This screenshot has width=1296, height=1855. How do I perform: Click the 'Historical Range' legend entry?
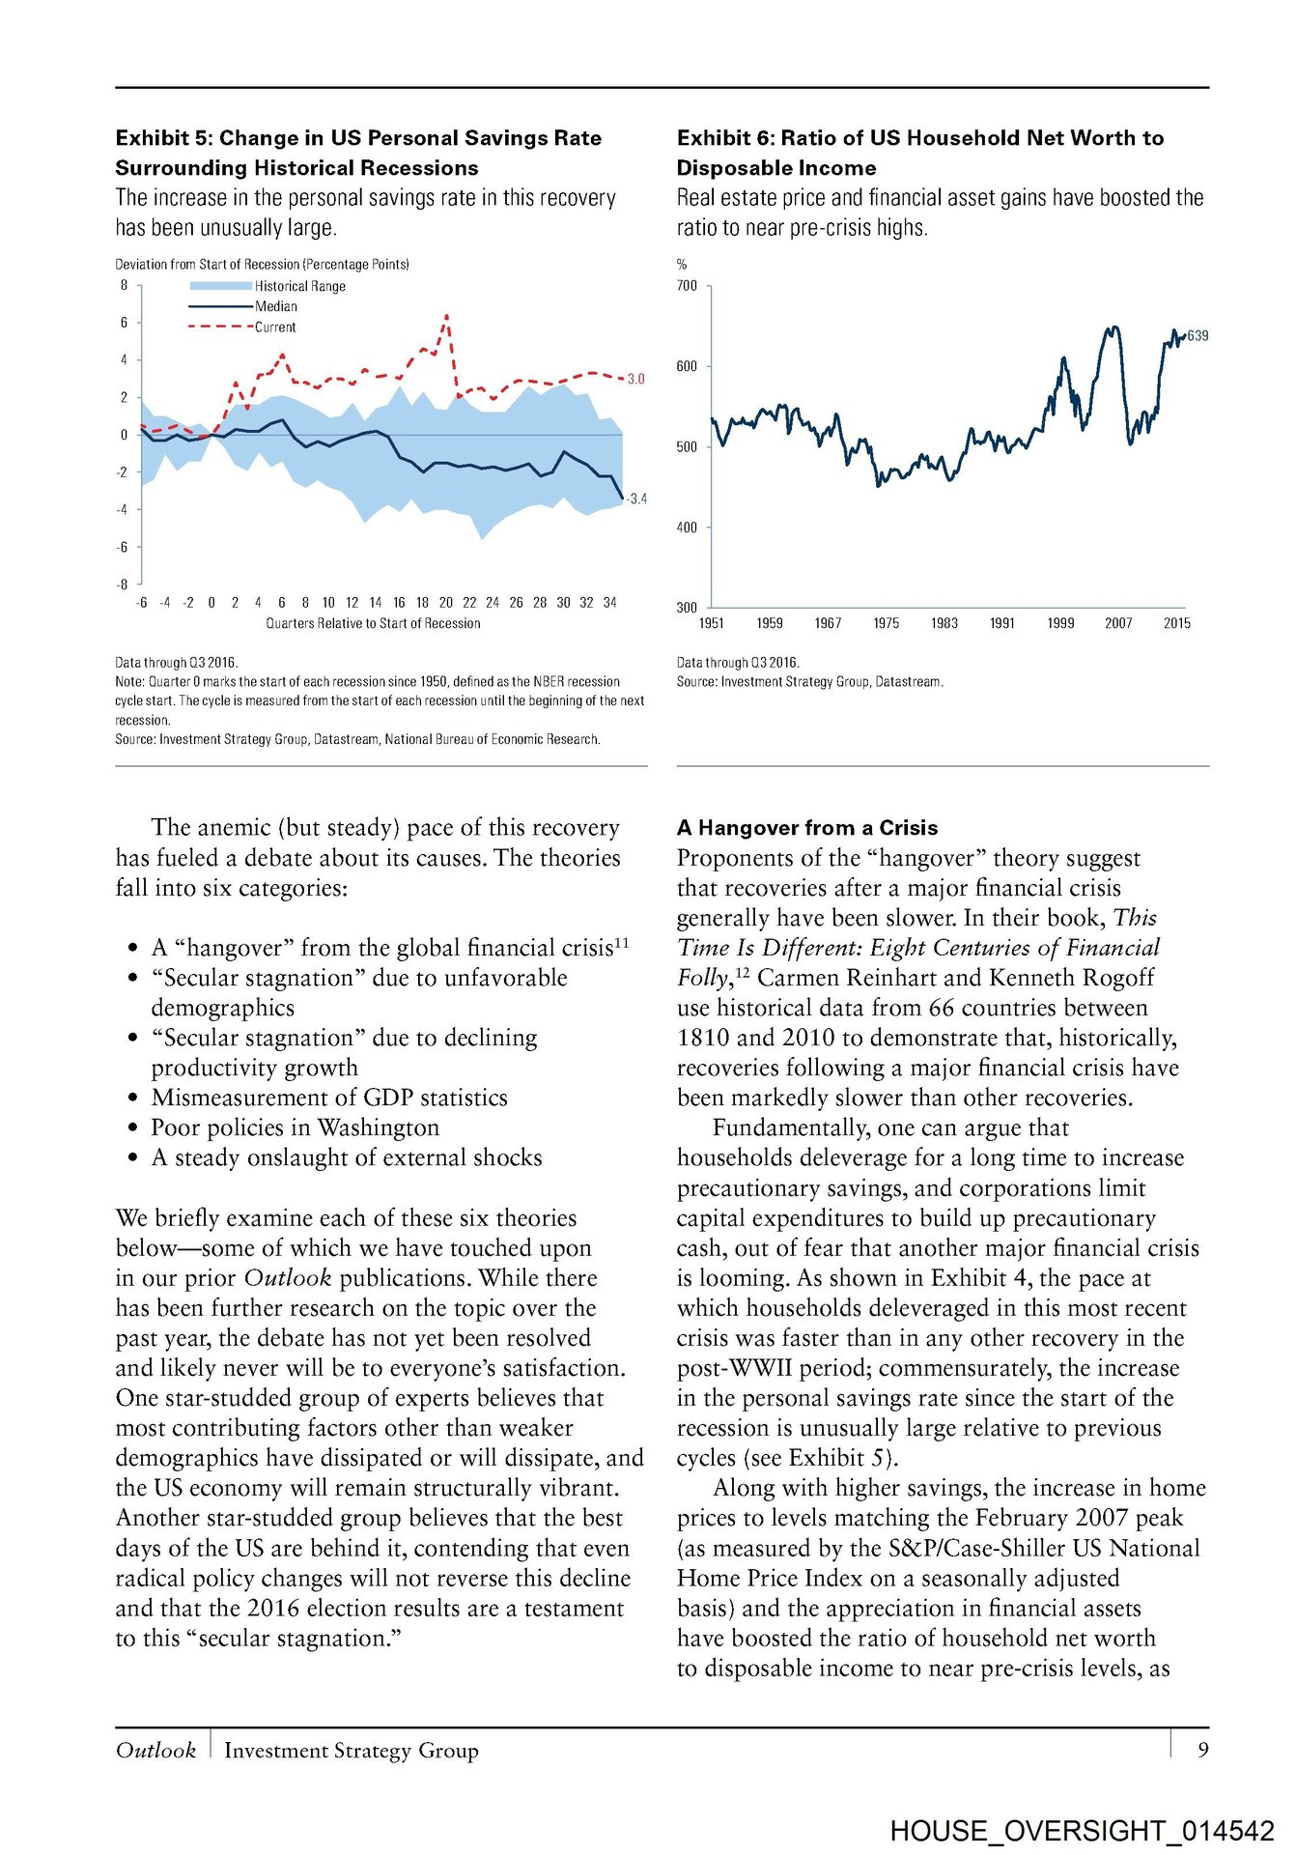point(299,286)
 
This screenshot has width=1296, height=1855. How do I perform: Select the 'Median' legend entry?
point(276,306)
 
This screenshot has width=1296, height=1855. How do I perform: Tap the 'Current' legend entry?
point(275,328)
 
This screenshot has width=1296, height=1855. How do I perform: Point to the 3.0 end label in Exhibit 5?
point(635,379)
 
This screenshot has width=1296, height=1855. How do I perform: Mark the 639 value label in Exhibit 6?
point(1197,335)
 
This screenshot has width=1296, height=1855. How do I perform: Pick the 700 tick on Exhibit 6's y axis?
point(687,286)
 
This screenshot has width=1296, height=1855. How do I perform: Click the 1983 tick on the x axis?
point(944,623)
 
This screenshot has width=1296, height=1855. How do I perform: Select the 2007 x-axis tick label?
point(1117,623)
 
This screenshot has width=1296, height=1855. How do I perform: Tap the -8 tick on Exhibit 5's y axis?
point(123,585)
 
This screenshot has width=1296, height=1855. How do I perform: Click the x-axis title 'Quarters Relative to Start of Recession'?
point(373,623)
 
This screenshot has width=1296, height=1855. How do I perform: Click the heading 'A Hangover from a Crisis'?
point(807,828)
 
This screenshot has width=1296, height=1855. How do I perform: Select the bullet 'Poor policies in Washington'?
point(295,1127)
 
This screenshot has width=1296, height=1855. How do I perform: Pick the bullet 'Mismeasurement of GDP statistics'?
point(329,1098)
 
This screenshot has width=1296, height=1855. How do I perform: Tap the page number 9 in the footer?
point(1202,1750)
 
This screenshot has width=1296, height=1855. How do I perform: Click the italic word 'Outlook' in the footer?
point(155,1750)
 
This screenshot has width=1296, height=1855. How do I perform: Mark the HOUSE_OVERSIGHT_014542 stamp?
point(1082,1830)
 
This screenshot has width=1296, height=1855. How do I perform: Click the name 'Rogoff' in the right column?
point(1118,978)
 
